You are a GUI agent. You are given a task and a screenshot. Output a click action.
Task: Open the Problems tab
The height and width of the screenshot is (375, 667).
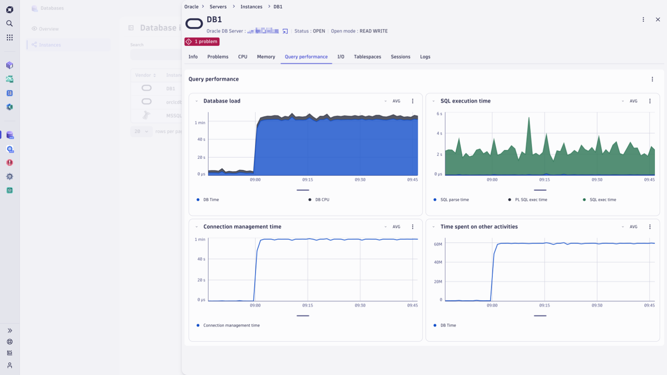tap(218, 57)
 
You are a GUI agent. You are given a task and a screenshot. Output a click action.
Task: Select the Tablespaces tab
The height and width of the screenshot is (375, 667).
tap(367, 57)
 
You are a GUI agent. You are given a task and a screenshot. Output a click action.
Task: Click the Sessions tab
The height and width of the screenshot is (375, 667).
tap(400, 57)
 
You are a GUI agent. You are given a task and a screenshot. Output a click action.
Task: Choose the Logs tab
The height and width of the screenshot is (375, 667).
tap(425, 57)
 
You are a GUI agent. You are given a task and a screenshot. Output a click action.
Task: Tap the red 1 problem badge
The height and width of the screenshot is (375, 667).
tap(202, 42)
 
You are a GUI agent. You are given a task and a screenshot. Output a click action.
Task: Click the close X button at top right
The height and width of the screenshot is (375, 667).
tap(658, 20)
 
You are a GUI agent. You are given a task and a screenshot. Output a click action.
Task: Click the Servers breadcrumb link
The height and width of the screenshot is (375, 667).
tap(218, 7)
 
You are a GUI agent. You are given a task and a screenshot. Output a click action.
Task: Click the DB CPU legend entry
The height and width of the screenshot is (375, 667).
tap(322, 200)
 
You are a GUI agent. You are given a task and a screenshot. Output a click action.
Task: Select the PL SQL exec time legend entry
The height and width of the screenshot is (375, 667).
tap(530, 200)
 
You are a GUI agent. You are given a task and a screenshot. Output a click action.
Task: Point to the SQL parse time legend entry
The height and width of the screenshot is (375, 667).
tap(454, 200)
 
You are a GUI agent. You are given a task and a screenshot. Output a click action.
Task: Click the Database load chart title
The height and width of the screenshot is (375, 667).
tap(222, 101)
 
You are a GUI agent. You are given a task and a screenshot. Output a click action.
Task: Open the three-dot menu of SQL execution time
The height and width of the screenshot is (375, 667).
tap(650, 101)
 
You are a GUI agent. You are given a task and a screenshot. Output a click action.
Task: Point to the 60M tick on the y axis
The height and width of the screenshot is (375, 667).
tap(438, 244)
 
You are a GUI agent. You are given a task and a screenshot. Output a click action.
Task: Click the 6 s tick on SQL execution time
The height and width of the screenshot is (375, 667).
tap(439, 114)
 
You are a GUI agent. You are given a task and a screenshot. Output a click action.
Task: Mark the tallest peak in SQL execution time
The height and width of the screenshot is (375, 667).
tap(529, 118)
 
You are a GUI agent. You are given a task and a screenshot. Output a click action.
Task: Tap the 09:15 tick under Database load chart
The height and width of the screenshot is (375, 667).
tap(307, 180)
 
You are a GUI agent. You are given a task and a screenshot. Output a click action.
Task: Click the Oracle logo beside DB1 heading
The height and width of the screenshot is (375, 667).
tap(194, 24)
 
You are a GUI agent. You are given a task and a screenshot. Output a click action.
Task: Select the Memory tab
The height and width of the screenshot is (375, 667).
tap(266, 57)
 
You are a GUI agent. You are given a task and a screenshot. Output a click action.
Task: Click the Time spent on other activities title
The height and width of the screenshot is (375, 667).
tap(479, 227)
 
